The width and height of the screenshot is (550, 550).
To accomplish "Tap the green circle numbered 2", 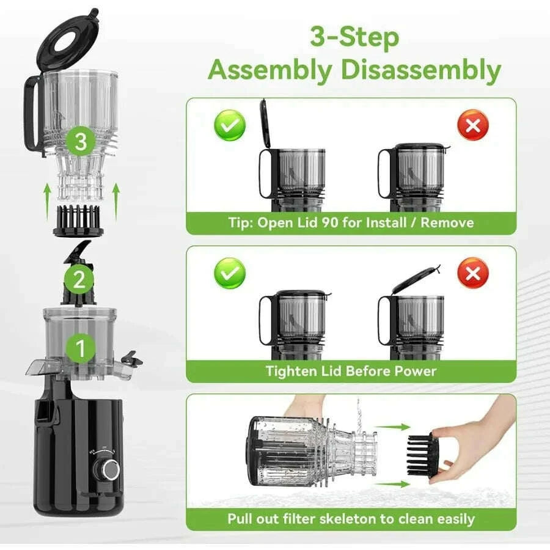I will click(79, 280).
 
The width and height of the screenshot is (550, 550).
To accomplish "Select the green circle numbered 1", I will click(79, 349).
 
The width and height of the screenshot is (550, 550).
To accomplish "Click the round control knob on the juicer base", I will click(111, 469).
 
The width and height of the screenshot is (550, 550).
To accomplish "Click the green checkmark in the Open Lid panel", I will click(229, 126).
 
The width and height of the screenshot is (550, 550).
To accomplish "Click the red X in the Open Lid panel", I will click(472, 126).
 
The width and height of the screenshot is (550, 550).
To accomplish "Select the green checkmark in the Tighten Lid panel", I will click(229, 273).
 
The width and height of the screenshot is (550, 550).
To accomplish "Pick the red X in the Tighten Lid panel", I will click(472, 273).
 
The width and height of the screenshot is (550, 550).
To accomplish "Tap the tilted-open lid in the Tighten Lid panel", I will click(416, 277).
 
